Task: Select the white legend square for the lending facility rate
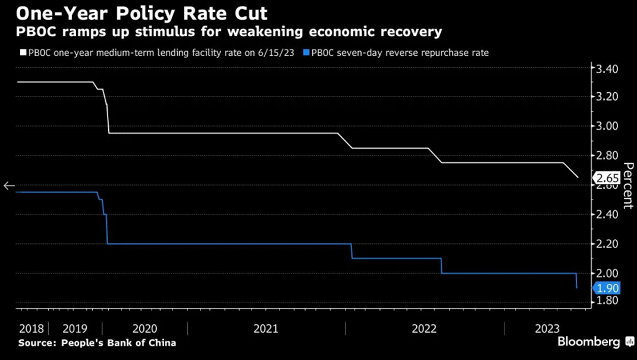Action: coord(23,52)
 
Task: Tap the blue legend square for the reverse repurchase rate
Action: coord(306,52)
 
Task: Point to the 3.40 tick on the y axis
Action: coord(607,69)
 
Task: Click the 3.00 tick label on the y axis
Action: coord(607,126)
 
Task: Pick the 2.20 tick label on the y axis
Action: coord(607,244)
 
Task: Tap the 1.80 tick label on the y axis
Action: coord(607,301)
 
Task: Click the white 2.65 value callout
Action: coord(607,178)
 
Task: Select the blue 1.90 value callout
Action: coord(607,288)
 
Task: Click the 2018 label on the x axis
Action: coord(32,329)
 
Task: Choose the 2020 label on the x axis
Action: coord(145,329)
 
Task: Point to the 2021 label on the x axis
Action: coord(265,329)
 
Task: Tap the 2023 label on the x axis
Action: coord(547,329)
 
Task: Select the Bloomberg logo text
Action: coord(588,342)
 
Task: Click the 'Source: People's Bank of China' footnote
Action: coord(97,343)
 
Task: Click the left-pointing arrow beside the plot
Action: coord(9,186)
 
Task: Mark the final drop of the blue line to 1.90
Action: coord(576,281)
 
